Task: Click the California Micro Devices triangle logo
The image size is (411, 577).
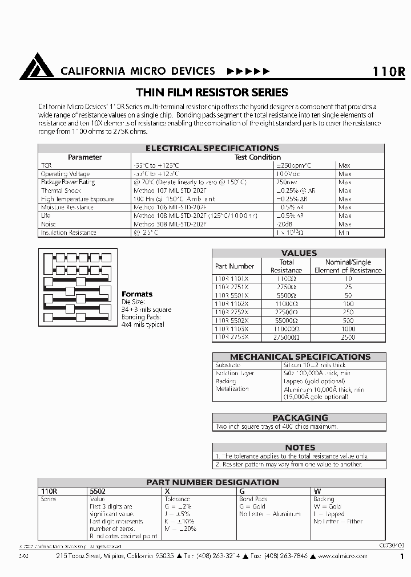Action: click(37, 67)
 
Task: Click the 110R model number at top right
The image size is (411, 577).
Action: click(388, 72)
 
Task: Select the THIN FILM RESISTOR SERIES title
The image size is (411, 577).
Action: click(212, 92)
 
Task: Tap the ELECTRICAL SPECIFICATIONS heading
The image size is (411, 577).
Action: click(212, 148)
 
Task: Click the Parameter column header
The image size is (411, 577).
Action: click(84, 157)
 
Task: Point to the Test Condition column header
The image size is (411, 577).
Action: click(257, 157)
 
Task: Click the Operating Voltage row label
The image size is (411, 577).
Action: click(65, 173)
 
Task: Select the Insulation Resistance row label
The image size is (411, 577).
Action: click(68, 233)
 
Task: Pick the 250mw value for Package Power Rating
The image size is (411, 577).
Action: click(287, 182)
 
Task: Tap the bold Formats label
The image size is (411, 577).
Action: click(137, 294)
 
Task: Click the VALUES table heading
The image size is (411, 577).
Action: click(299, 253)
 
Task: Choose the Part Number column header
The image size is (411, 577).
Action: click(234, 266)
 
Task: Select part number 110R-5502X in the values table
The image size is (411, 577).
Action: click(231, 320)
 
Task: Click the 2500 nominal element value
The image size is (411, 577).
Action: click(348, 338)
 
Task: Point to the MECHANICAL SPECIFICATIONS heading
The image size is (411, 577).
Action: click(299, 357)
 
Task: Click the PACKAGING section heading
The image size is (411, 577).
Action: click(299, 417)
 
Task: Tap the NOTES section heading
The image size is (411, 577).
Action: click(299, 448)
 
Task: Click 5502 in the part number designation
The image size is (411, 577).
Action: click(98, 490)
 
